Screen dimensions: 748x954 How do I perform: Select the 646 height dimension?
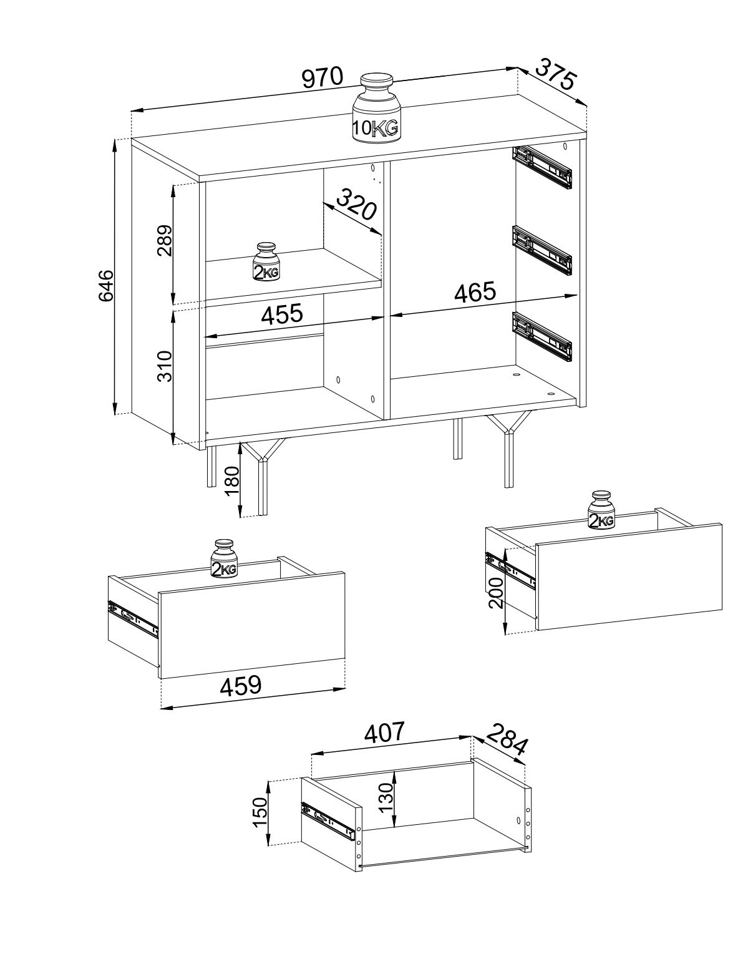(x=106, y=286)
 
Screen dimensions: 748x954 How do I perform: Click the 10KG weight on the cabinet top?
(x=377, y=108)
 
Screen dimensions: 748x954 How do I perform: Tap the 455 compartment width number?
(x=282, y=313)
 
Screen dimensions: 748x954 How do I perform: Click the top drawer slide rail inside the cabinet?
(x=543, y=168)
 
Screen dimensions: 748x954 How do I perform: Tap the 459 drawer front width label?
(x=241, y=685)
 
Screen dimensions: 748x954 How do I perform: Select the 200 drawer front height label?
(x=497, y=593)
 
